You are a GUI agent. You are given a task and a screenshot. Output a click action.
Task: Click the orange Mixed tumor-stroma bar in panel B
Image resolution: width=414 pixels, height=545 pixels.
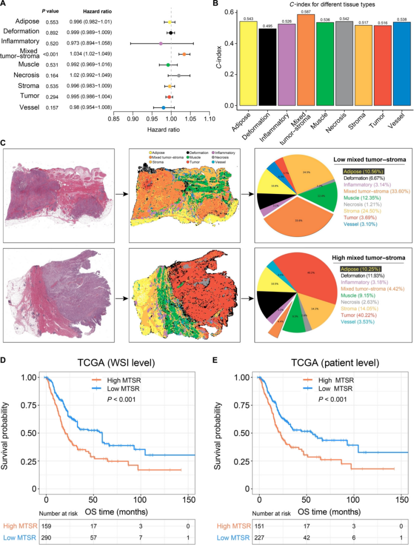pyautogui.click(x=306, y=60)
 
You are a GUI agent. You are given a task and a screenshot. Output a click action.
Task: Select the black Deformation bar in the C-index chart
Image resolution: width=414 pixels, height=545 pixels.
pyautogui.click(x=267, y=67)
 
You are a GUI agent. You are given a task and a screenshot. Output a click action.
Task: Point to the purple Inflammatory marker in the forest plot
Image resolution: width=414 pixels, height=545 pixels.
pyautogui.click(x=160, y=43)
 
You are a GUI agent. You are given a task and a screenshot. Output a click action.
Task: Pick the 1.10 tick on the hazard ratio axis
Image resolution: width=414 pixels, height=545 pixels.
pyautogui.click(x=209, y=119)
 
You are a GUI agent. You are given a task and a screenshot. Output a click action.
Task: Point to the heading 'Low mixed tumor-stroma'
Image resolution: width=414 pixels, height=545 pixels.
pyautogui.click(x=369, y=160)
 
